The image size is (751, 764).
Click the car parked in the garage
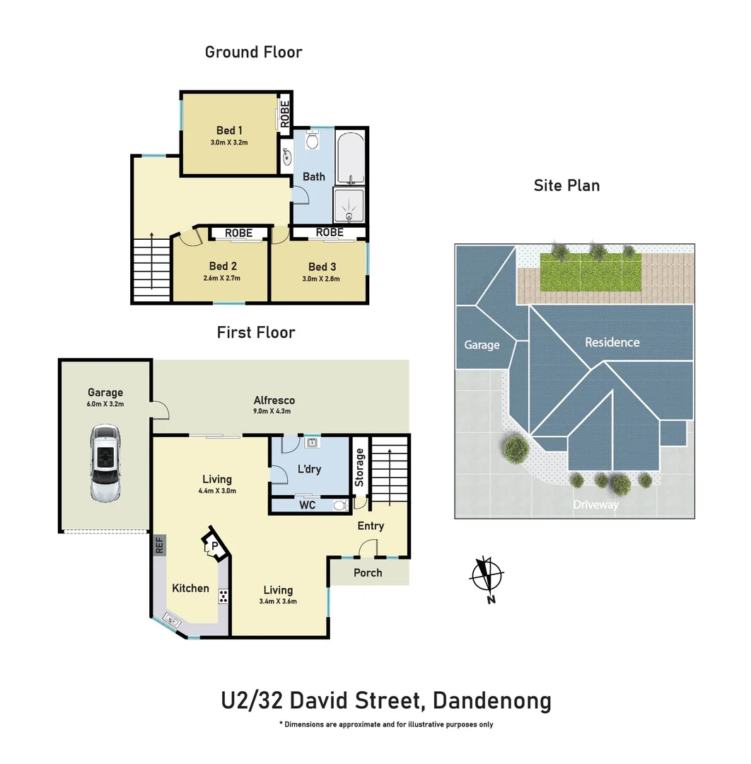(x=105, y=464)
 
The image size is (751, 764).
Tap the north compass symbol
(x=487, y=576)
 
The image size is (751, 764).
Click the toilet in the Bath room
(x=313, y=142)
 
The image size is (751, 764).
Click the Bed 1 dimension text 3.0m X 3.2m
(x=230, y=142)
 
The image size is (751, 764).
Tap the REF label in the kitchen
(x=159, y=545)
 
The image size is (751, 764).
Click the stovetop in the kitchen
(x=223, y=596)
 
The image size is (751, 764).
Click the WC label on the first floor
(x=307, y=505)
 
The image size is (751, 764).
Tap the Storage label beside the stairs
(x=359, y=468)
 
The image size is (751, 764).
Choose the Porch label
(x=368, y=573)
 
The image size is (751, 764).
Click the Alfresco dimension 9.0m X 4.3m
(x=274, y=411)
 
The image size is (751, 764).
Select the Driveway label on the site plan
(x=595, y=504)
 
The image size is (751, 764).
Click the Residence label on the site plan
(x=612, y=342)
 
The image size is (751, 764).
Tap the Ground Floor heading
(x=253, y=52)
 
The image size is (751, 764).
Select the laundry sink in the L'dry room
(x=310, y=444)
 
